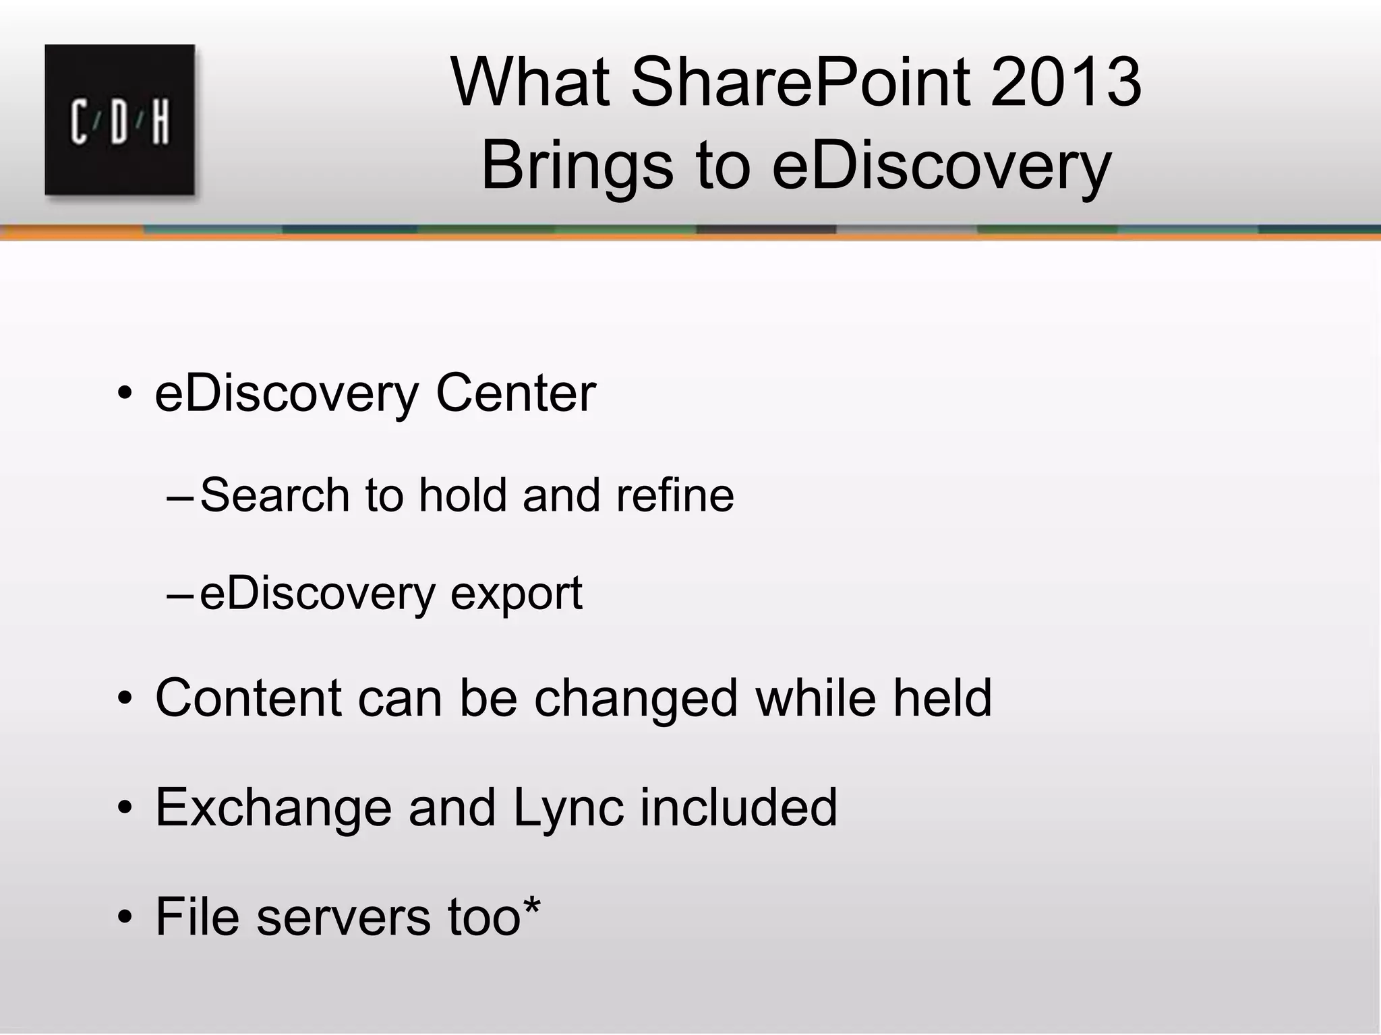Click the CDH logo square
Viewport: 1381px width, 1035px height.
pos(120,120)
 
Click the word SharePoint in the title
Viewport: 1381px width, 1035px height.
pos(800,83)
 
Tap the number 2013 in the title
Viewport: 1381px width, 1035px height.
pos(1066,83)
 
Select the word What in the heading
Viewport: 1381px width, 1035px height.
pos(530,83)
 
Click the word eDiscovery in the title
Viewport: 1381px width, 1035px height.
pos(941,167)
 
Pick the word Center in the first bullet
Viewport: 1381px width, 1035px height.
pos(516,394)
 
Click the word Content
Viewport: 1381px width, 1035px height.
pos(248,698)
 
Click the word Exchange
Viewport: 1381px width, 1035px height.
pos(273,809)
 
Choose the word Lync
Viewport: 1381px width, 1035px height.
pos(568,809)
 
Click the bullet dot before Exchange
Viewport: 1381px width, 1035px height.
pos(125,808)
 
